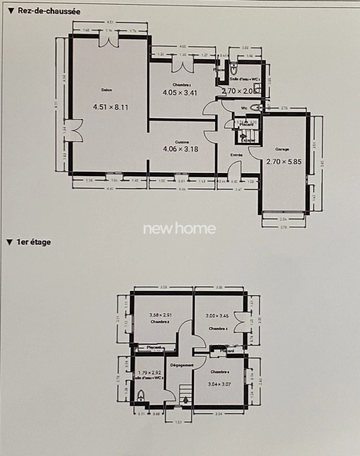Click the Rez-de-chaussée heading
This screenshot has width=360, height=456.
tap(48, 11)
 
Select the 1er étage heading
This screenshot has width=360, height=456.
tap(33, 242)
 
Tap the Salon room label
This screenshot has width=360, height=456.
tap(106, 90)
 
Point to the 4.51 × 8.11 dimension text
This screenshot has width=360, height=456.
tap(110, 107)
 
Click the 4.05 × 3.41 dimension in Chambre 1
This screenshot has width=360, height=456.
tap(180, 93)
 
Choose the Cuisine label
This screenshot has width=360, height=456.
tap(182, 142)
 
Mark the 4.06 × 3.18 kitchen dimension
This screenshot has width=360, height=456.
tap(180, 149)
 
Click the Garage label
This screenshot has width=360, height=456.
tap(282, 149)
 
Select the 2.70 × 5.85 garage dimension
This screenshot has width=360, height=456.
tap(284, 161)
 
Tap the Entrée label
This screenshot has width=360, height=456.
tap(236, 155)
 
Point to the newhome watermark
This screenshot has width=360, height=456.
tap(180, 229)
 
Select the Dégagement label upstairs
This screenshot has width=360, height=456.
tap(182, 365)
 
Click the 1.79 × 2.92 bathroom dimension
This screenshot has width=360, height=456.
tap(150, 372)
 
